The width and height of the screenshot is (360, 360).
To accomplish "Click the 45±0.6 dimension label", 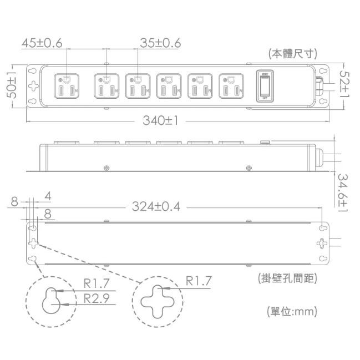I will pos(42,43).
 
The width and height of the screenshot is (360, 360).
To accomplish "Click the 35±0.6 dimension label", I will pos(161,43).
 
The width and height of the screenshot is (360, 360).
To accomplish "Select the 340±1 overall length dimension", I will pos(160,120).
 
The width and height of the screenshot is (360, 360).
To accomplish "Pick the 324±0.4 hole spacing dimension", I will pos(156,207).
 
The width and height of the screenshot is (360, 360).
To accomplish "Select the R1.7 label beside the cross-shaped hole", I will pos(198,282).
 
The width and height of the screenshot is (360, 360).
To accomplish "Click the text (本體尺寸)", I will pos(292,54).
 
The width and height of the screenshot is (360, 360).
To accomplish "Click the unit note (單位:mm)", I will pos(292,311).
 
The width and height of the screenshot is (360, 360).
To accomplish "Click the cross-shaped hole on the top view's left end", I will pos(34,85).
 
